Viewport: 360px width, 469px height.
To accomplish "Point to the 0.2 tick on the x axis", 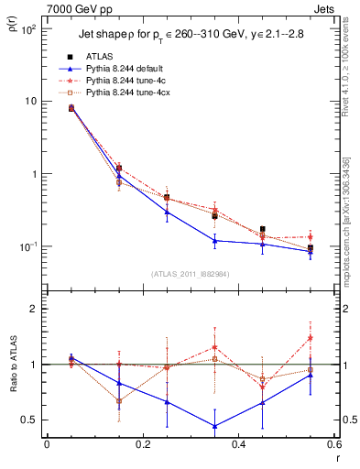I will click(x=142, y=443).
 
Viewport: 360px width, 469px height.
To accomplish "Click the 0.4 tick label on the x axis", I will click(x=238, y=443).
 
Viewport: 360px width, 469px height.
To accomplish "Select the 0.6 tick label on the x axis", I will click(x=333, y=443).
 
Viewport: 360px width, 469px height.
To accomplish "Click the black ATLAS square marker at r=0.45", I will click(x=263, y=229).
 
